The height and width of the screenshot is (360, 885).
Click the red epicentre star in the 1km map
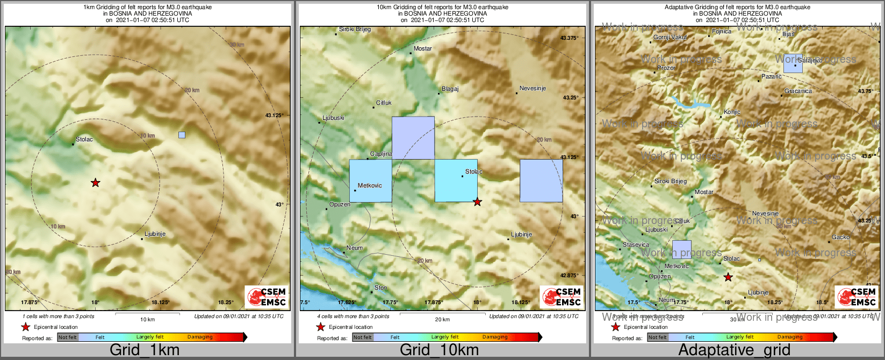tap(95, 183)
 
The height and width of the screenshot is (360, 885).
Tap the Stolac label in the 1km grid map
tap(84, 140)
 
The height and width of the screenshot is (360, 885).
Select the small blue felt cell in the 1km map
tap(182, 135)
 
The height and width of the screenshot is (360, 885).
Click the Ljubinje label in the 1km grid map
tap(155, 234)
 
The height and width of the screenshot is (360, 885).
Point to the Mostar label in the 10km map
tap(423, 49)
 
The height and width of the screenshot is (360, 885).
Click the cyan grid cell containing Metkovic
tap(370, 181)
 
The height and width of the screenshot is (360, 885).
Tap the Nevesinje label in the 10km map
tap(533, 89)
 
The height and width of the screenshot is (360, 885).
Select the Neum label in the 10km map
tap(355, 248)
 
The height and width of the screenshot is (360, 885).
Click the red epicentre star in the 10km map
tap(477, 202)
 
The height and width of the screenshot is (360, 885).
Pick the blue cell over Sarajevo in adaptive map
tap(793, 63)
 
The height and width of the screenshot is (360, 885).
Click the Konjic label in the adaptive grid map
tap(732, 112)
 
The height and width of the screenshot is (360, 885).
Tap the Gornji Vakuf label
tap(670, 38)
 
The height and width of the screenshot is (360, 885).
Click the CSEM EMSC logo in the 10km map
tap(561, 297)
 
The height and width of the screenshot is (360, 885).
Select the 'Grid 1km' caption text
tap(145, 350)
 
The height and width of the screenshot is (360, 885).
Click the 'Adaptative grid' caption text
tap(734, 350)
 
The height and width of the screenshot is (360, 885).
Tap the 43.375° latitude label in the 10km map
tap(569, 38)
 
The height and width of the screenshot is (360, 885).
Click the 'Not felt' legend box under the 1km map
tap(68, 337)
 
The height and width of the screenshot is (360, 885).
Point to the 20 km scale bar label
tap(442, 320)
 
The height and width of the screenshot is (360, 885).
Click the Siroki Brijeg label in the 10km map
tap(355, 30)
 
